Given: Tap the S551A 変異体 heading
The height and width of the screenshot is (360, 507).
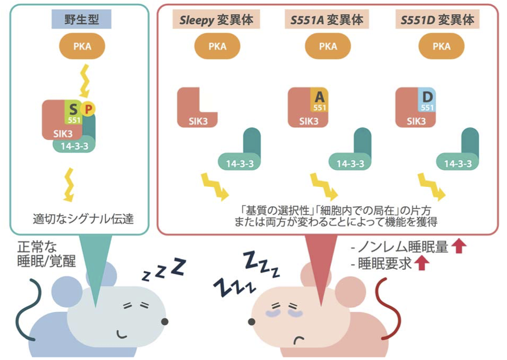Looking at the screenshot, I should point(327,20).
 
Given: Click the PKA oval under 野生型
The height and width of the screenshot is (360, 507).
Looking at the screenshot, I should point(82,46).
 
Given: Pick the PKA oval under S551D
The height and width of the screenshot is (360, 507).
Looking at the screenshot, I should point(442,46).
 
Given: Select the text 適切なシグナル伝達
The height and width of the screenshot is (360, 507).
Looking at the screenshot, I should point(82,217).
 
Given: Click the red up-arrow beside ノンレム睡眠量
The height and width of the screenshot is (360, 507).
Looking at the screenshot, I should point(458,247).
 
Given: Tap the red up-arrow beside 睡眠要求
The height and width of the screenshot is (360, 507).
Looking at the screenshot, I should point(421,263).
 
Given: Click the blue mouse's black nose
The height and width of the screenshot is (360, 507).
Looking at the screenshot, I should point(165,321).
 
